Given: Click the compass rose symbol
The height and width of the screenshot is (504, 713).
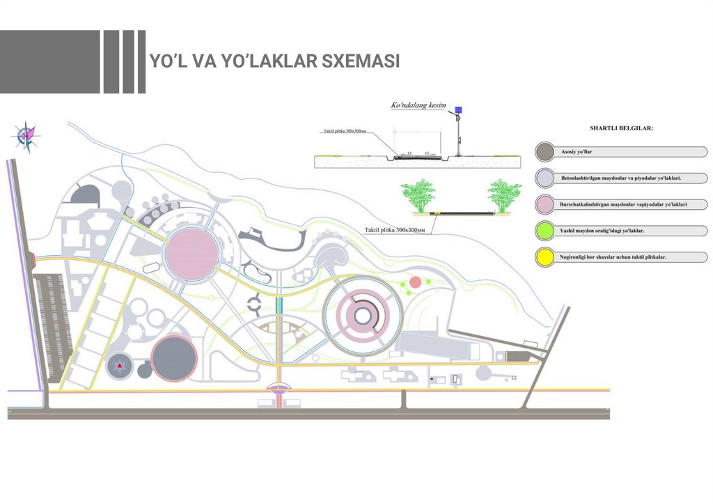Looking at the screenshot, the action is pyautogui.click(x=27, y=135).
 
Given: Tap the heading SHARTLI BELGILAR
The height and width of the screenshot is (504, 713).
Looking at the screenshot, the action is pyautogui.click(x=621, y=128).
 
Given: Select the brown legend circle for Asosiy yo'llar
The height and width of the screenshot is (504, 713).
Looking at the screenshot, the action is pyautogui.click(x=547, y=152).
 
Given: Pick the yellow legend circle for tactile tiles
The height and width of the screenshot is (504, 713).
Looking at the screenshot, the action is pyautogui.click(x=547, y=257).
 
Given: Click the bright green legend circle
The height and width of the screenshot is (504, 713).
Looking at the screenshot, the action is pyautogui.click(x=547, y=230).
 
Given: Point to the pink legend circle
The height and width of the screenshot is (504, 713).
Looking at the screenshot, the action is pyautogui.click(x=547, y=204).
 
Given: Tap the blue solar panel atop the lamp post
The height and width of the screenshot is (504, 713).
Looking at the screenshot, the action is pyautogui.click(x=458, y=110).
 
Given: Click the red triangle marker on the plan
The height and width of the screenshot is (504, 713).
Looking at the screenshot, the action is pyautogui.click(x=120, y=365).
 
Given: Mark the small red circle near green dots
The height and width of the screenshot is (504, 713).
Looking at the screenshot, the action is pyautogui.click(x=416, y=282).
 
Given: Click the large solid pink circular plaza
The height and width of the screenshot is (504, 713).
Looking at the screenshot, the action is pyautogui.click(x=190, y=253).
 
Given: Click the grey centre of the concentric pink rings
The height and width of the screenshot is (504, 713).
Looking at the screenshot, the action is pyautogui.click(x=362, y=316).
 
